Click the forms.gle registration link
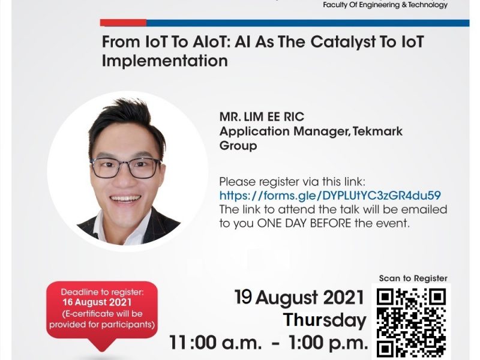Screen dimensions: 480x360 pyautogui.click(x=330, y=196)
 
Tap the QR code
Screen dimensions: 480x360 pyautogui.click(x=411, y=323)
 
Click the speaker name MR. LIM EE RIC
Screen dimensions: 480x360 pyautogui.click(x=262, y=116)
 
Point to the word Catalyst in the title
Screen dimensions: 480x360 pyautogui.click(x=343, y=41)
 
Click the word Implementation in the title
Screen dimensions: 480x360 pyautogui.click(x=164, y=61)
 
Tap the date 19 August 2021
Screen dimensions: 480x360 pyautogui.click(x=299, y=298)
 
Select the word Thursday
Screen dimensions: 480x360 pyautogui.click(x=325, y=320)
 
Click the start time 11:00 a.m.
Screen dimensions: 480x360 pyautogui.click(x=215, y=342)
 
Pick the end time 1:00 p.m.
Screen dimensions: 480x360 pyautogui.click(x=328, y=342)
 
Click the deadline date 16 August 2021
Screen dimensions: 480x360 pyautogui.click(x=97, y=302)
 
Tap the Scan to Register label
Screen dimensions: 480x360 pyautogui.click(x=413, y=278)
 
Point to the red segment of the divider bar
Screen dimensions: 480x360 pyautogui.click(x=123, y=23)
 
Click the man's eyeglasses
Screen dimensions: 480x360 pyautogui.click(x=125, y=168)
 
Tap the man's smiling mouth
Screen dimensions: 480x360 pyautogui.click(x=126, y=199)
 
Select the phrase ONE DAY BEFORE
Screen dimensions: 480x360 pyautogui.click(x=304, y=223)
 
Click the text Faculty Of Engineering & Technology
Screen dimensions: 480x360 pyautogui.click(x=385, y=5)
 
